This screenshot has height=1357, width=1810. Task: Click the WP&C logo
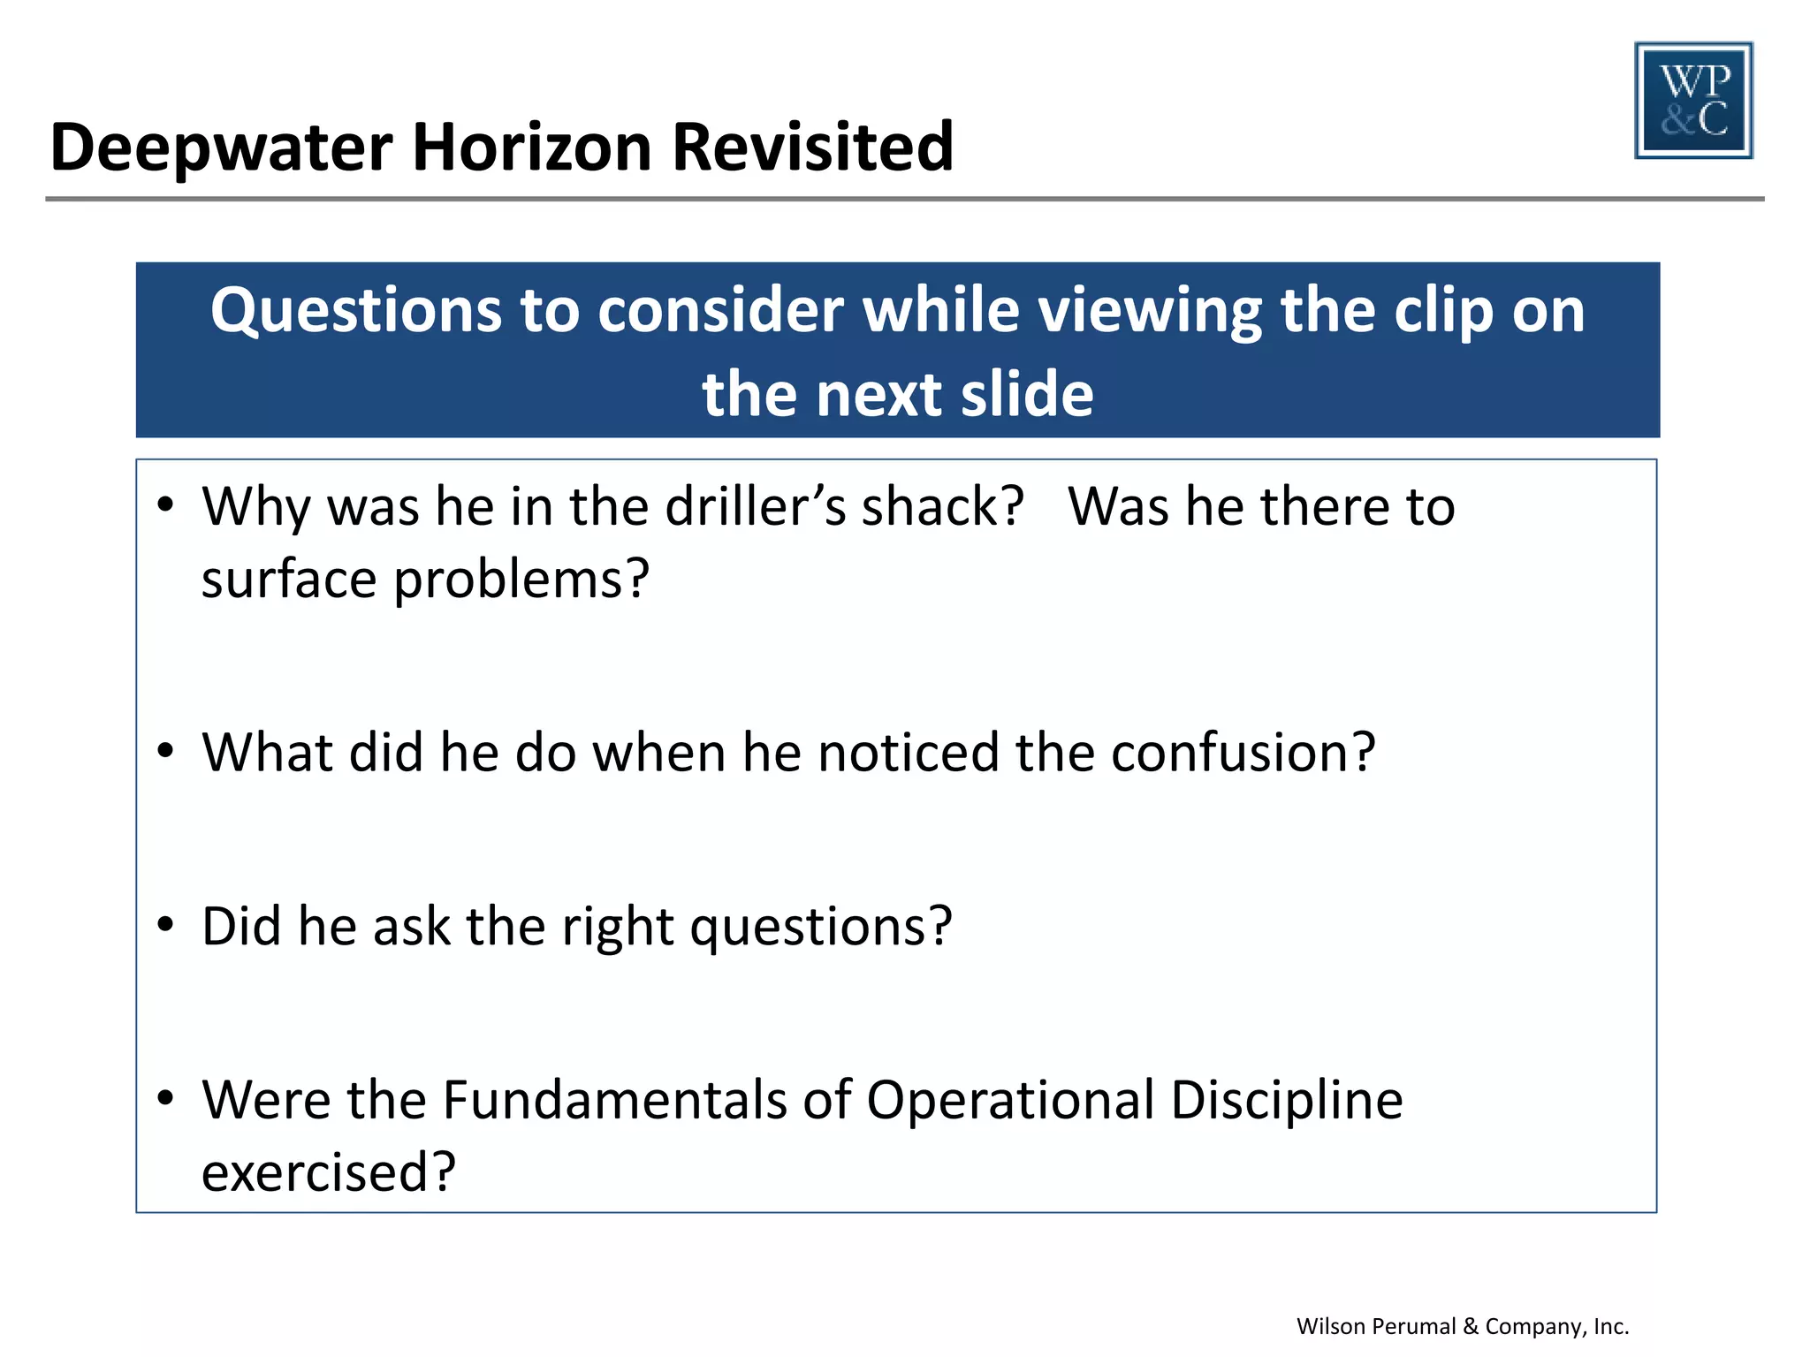1693,100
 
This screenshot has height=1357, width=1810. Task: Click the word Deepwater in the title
221,148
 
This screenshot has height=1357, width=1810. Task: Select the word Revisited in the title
812,148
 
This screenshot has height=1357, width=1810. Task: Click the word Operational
1010,1101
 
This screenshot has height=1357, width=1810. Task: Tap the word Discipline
1287,1101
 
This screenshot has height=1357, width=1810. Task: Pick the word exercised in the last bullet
327,1173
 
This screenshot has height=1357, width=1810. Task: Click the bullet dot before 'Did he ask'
165,924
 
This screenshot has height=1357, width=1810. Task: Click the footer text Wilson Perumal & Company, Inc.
1462,1326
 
